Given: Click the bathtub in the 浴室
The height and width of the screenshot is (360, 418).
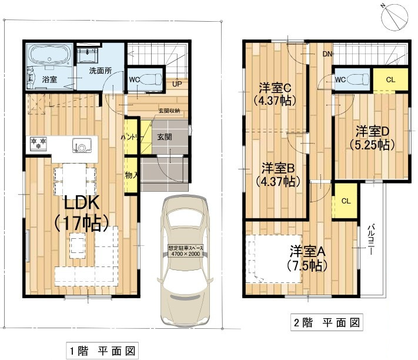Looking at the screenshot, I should tap(48, 59).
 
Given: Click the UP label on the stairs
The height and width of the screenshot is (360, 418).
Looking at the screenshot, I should tap(177, 84).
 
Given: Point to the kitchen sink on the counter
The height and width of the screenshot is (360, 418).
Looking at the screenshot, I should tap(82, 144).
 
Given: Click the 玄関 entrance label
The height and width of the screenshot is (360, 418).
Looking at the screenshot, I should tap(164, 136).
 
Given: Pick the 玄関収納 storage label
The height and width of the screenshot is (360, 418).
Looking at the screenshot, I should tap(169, 111).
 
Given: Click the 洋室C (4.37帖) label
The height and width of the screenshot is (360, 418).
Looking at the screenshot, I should tap(275, 94).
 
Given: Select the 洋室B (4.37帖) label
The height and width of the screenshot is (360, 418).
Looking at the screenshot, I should tap(275, 175).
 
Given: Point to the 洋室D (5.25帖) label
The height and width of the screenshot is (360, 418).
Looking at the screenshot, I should tap(372, 136).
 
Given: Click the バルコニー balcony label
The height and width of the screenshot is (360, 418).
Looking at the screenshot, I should tap(372, 239).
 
